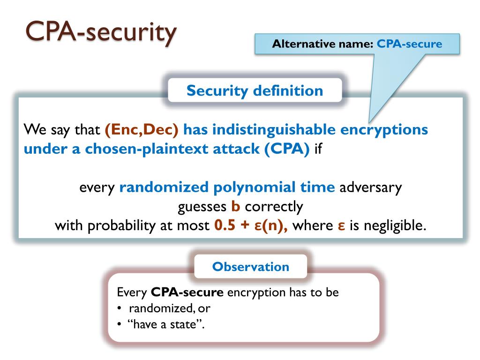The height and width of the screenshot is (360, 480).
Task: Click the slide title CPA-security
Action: pos(101,33)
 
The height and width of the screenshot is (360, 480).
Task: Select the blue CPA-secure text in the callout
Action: pos(410,45)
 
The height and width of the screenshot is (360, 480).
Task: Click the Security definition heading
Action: pos(255,90)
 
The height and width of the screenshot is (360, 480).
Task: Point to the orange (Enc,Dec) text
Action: pos(142,129)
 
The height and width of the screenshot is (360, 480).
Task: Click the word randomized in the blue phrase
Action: pos(164,187)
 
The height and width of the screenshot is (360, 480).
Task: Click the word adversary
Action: pos(370,187)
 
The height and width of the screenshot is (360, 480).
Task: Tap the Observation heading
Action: pos(250,267)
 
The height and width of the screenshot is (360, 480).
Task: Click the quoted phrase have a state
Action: pos(166,324)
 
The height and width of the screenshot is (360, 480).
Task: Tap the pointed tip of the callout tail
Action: pos(369,122)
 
